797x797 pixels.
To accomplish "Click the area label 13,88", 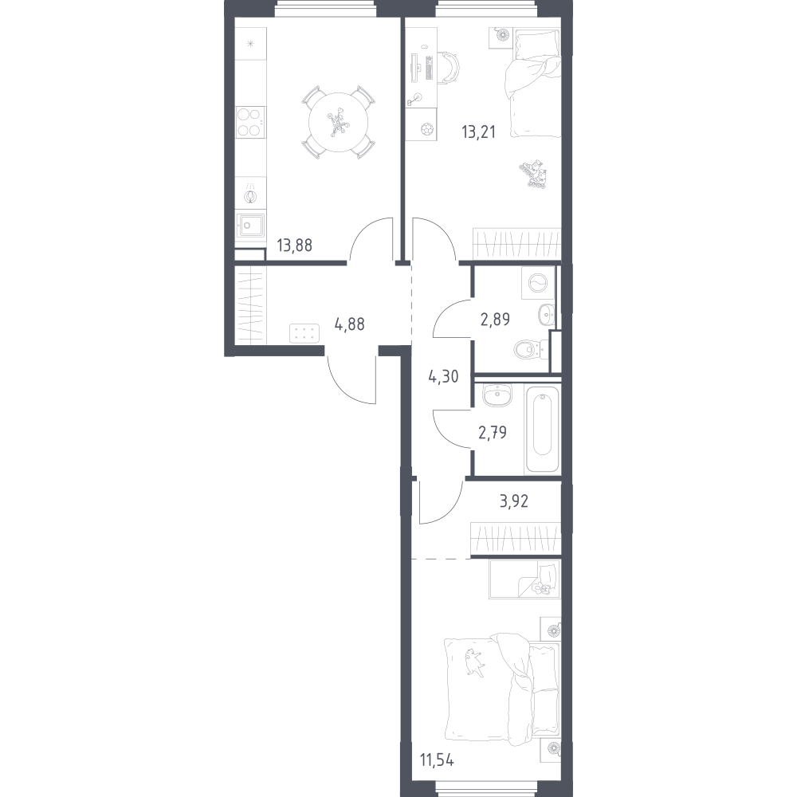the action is click(294, 245).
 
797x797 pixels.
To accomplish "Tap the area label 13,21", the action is click(478, 132).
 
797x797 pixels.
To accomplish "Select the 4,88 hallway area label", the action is click(349, 324).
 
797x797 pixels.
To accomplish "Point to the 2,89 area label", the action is click(495, 320).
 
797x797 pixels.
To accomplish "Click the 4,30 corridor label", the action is click(444, 377).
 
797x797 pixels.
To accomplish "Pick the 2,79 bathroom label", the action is click(493, 433).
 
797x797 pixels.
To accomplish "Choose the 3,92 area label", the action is click(514, 501).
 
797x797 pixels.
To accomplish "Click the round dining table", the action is click(338, 122).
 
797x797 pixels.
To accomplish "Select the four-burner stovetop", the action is click(250, 122).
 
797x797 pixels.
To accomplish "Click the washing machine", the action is click(538, 283).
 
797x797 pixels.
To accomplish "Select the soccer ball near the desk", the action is click(428, 129).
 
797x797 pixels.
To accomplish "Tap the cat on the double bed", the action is click(473, 663).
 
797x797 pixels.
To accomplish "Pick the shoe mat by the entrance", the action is click(304, 333).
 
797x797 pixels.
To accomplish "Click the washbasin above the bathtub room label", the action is click(497, 395).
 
